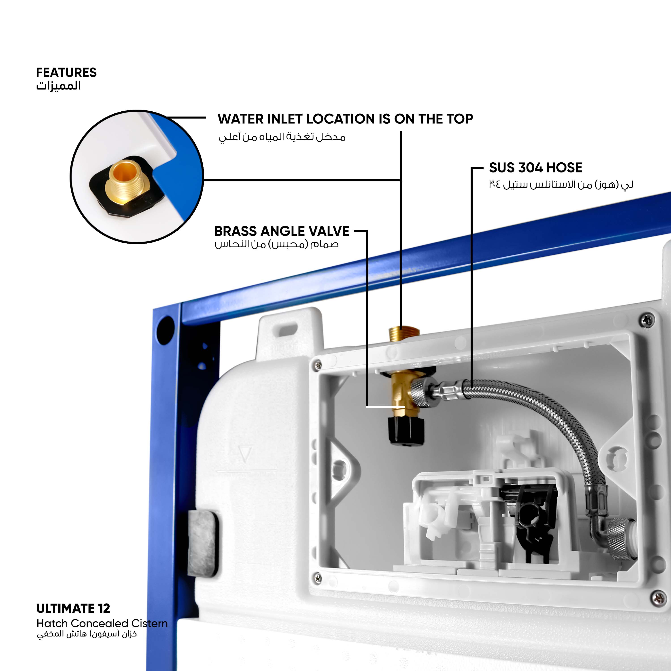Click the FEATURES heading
pyautogui.click(x=66, y=73)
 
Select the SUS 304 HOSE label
pyautogui.click(x=535, y=168)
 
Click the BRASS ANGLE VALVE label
pyautogui.click(x=282, y=231)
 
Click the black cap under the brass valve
pyautogui.click(x=406, y=431)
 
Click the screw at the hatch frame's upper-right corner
pyautogui.click(x=647, y=320)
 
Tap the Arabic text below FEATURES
pyautogui.click(x=58, y=85)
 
